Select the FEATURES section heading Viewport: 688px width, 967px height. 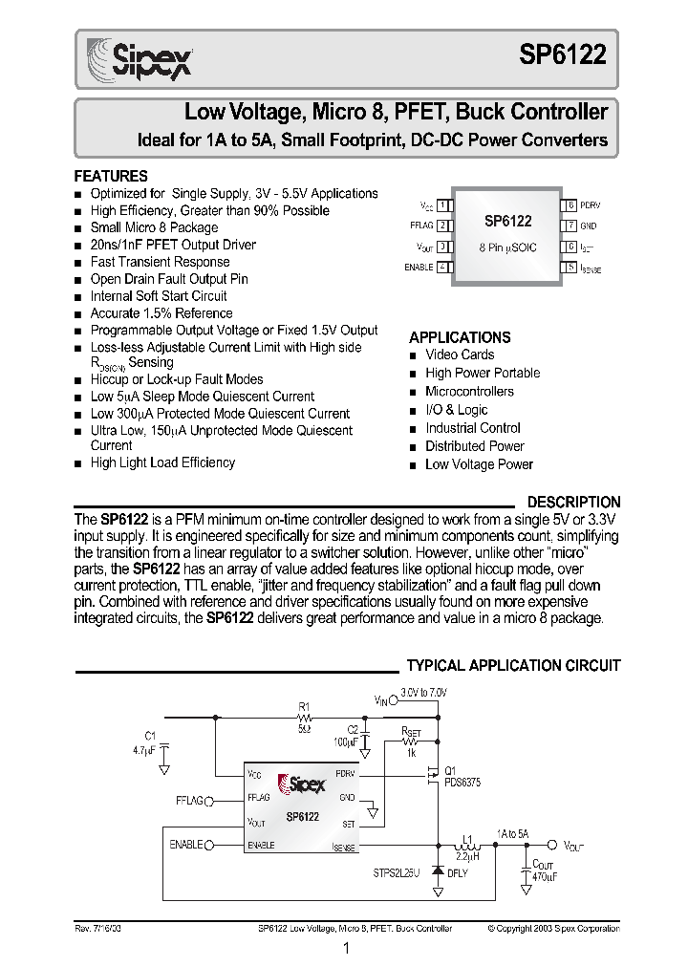(111, 177)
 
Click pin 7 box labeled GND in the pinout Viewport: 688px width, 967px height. (570, 226)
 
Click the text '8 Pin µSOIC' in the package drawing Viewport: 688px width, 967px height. (506, 247)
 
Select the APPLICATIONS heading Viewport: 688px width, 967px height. (460, 337)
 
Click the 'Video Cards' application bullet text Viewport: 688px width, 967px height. (460, 355)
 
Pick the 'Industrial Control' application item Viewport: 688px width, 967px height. (472, 428)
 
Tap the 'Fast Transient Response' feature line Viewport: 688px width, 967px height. (160, 262)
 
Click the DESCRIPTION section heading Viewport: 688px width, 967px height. (573, 502)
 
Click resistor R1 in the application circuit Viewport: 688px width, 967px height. (305, 715)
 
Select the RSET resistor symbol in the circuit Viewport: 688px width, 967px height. (411, 740)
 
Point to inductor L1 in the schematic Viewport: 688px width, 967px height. (467, 846)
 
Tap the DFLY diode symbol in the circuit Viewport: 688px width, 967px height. (439, 871)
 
